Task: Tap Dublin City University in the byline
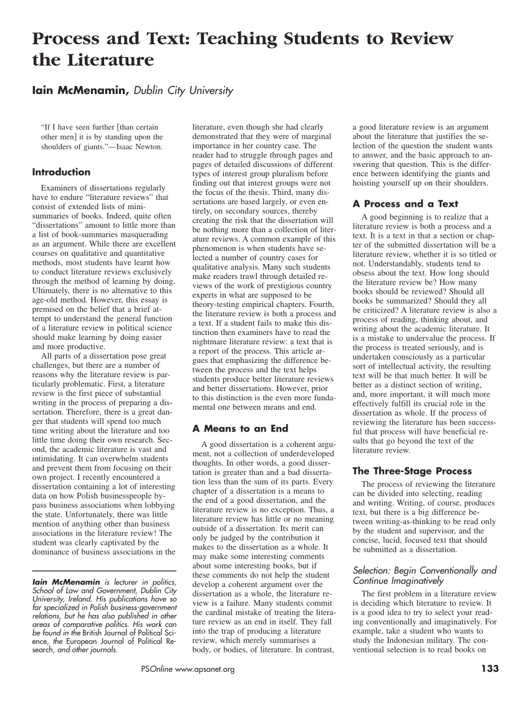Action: [183, 92]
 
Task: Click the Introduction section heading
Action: [61, 172]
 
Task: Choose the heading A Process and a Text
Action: [405, 204]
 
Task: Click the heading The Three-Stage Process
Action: [412, 471]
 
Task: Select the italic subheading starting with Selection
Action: [425, 575]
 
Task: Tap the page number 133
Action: [490, 669]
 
